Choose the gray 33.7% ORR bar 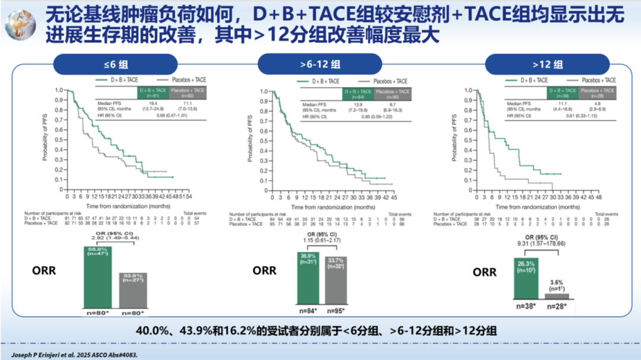pyautogui.click(x=335, y=282)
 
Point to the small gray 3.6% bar pyautogui.click(x=556, y=295)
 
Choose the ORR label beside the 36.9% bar pyautogui.click(x=264, y=270)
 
